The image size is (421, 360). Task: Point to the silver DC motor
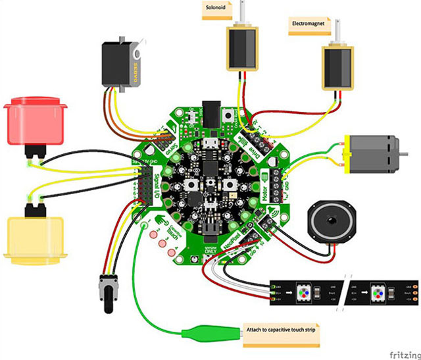[375, 153]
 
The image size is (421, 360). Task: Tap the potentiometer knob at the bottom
[107, 290]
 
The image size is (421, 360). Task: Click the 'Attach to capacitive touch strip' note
[282, 330]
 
